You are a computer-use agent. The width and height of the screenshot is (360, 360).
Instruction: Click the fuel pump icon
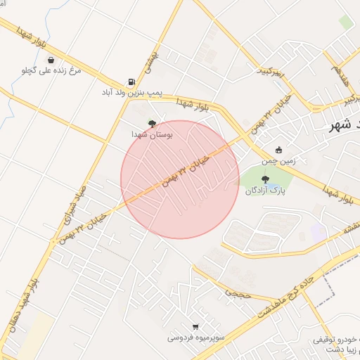(x=131, y=82)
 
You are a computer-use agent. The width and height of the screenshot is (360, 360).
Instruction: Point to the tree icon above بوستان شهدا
(x=152, y=122)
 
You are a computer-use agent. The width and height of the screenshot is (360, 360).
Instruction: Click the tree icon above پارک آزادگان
(x=264, y=180)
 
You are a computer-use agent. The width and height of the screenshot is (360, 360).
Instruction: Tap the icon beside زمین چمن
(x=279, y=150)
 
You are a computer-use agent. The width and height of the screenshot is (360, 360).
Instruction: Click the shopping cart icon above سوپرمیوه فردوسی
(x=195, y=327)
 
